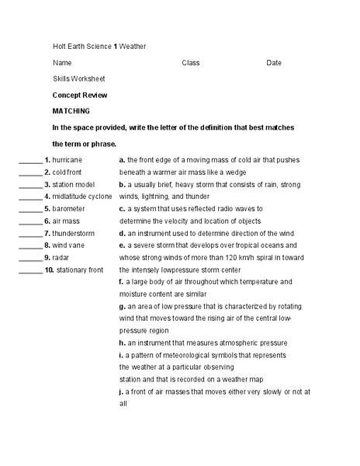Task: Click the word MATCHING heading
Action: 71,111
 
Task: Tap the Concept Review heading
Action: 80,95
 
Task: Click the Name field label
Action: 62,62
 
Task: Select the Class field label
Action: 191,62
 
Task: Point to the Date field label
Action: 274,62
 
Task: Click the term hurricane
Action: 67,160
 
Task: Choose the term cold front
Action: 67,172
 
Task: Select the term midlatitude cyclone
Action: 83,196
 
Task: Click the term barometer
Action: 69,209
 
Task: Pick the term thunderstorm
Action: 74,233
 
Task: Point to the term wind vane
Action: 69,245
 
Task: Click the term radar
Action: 61,257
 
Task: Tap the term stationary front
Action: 80,270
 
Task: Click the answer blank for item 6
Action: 30,222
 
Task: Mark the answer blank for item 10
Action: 30,271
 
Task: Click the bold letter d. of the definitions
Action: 122,233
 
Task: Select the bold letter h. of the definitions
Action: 122,343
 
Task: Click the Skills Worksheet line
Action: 79,78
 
